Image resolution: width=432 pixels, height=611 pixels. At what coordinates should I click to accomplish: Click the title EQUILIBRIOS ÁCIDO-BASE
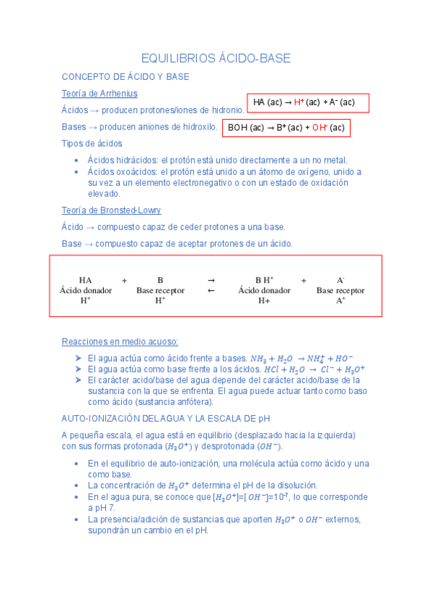(216, 58)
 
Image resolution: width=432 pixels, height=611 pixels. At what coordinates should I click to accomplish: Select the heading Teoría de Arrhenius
(100, 94)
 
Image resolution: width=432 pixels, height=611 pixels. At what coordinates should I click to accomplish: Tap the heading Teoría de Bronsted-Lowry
(111, 210)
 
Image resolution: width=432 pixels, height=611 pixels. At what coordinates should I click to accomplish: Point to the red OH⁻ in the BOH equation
(319, 129)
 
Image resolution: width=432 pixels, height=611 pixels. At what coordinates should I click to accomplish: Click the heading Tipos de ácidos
(92, 143)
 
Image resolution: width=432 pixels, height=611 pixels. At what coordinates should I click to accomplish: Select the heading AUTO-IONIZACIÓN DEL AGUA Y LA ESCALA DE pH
(165, 418)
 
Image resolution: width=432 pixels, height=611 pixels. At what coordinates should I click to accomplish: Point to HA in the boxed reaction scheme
(85, 280)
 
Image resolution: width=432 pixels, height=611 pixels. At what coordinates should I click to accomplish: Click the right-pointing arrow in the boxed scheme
(211, 280)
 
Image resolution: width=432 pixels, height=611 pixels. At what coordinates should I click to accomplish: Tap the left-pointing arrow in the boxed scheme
(211, 290)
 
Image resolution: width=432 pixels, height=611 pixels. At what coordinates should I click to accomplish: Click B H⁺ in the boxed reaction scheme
(264, 280)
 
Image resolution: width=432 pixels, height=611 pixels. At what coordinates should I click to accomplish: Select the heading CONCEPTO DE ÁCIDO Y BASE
(125, 76)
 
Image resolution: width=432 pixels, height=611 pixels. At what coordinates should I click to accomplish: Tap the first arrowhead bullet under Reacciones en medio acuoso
(78, 358)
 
